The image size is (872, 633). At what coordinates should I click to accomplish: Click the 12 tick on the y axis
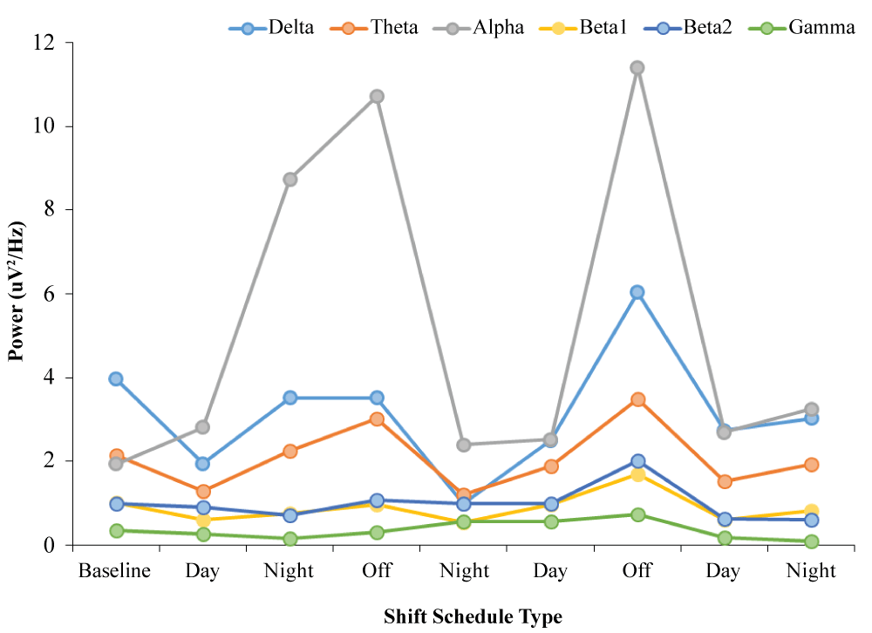[51, 43]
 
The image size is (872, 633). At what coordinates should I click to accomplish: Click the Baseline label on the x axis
[115, 572]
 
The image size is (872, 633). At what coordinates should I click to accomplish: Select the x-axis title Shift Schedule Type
[473, 617]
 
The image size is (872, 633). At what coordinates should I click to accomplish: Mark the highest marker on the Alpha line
[637, 68]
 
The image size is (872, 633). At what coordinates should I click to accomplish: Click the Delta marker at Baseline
[116, 378]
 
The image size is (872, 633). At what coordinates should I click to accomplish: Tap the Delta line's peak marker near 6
[637, 292]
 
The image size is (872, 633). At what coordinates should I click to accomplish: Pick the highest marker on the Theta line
[637, 399]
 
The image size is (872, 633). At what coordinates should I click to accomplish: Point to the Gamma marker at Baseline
[116, 530]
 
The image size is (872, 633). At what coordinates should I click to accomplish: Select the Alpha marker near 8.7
[290, 180]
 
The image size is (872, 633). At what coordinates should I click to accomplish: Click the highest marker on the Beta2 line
[637, 461]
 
